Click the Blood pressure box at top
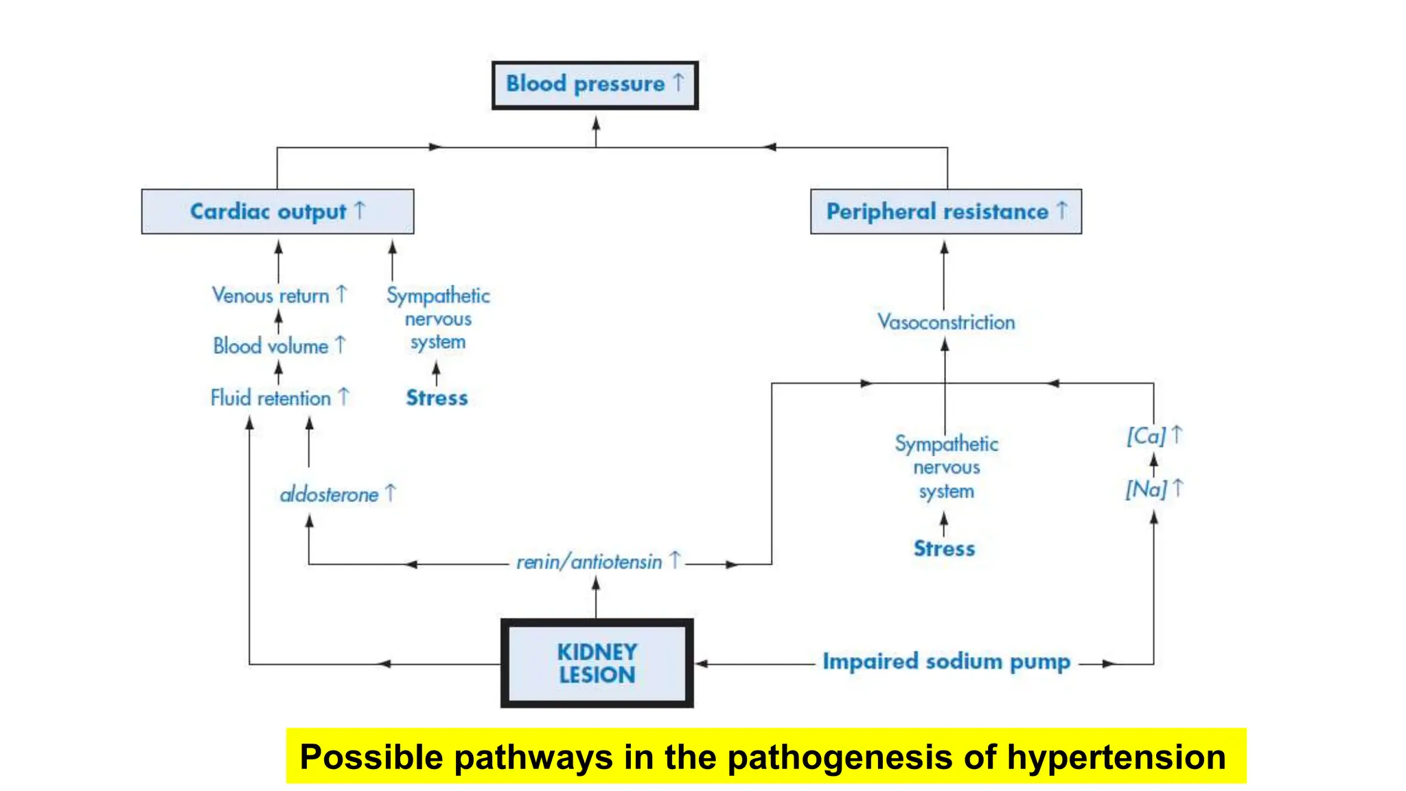pos(595,85)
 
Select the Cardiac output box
pos(277,211)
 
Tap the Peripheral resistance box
pos(945,211)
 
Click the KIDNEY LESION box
pos(597,663)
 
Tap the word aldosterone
pos(329,495)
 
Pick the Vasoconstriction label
pos(945,322)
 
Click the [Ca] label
pos(1146,436)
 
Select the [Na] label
pos(1146,490)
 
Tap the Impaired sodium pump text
pos(946,662)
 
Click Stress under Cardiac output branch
pos(437,398)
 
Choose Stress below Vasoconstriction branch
pos(944,549)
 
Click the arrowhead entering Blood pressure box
pos(596,124)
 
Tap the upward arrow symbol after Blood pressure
pos(678,82)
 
